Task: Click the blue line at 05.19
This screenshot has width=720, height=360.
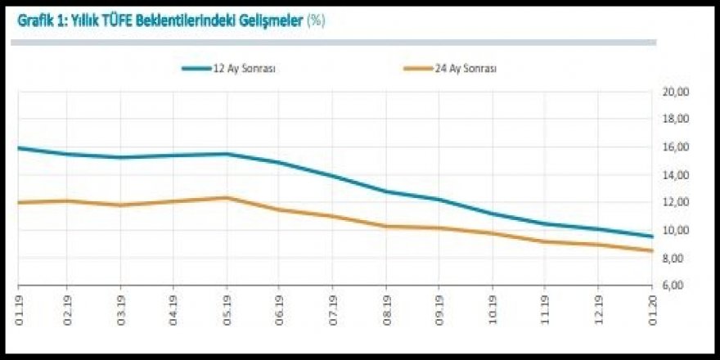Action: click(x=227, y=154)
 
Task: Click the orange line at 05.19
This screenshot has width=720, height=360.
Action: click(x=227, y=197)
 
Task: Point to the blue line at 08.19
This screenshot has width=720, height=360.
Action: click(x=385, y=191)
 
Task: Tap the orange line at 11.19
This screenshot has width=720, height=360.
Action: click(x=544, y=241)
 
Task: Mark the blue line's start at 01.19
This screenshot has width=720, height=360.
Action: click(x=19, y=148)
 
